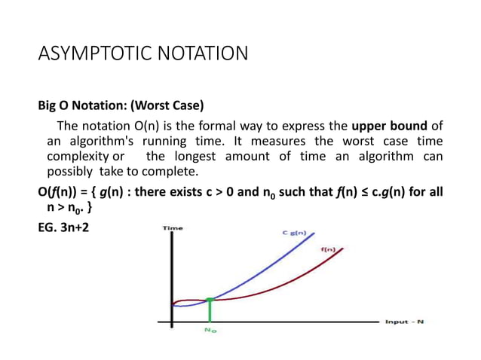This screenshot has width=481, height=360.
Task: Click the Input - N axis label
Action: pyautogui.click(x=405, y=322)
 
